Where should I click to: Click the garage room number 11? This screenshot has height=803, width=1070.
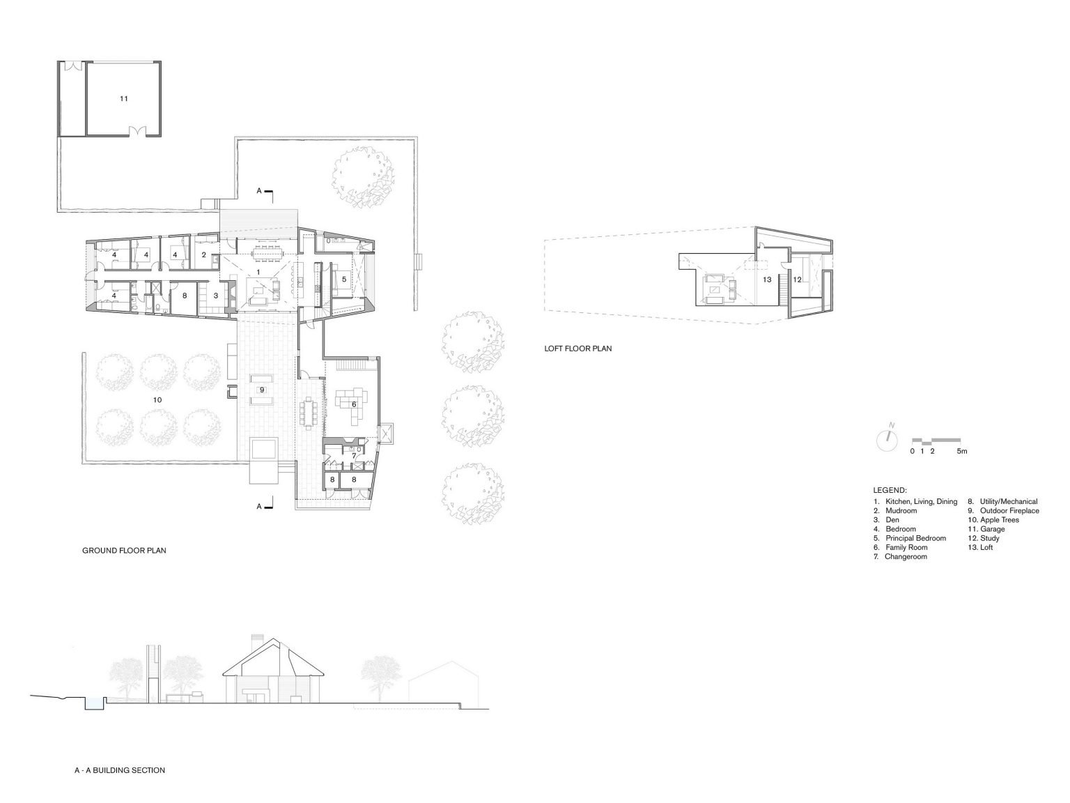[123, 99]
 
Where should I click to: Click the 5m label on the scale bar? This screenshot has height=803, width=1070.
[961, 451]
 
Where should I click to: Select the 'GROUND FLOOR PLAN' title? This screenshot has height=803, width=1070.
[124, 551]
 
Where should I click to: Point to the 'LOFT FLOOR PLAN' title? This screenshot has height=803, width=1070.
[577, 349]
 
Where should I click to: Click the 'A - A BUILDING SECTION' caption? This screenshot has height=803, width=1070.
[119, 770]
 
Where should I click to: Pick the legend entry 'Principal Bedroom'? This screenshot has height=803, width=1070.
[915, 538]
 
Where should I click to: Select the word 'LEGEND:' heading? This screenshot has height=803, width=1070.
[890, 491]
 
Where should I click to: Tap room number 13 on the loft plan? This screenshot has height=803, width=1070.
[767, 280]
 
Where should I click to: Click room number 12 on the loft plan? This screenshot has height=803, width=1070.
[798, 280]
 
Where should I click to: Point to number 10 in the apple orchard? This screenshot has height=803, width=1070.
[157, 399]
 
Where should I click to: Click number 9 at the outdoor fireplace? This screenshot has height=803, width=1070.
[262, 390]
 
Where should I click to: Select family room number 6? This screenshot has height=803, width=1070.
[353, 404]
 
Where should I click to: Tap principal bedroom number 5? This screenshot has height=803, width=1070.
[343, 279]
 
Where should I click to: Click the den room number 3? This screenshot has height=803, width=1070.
[216, 296]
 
